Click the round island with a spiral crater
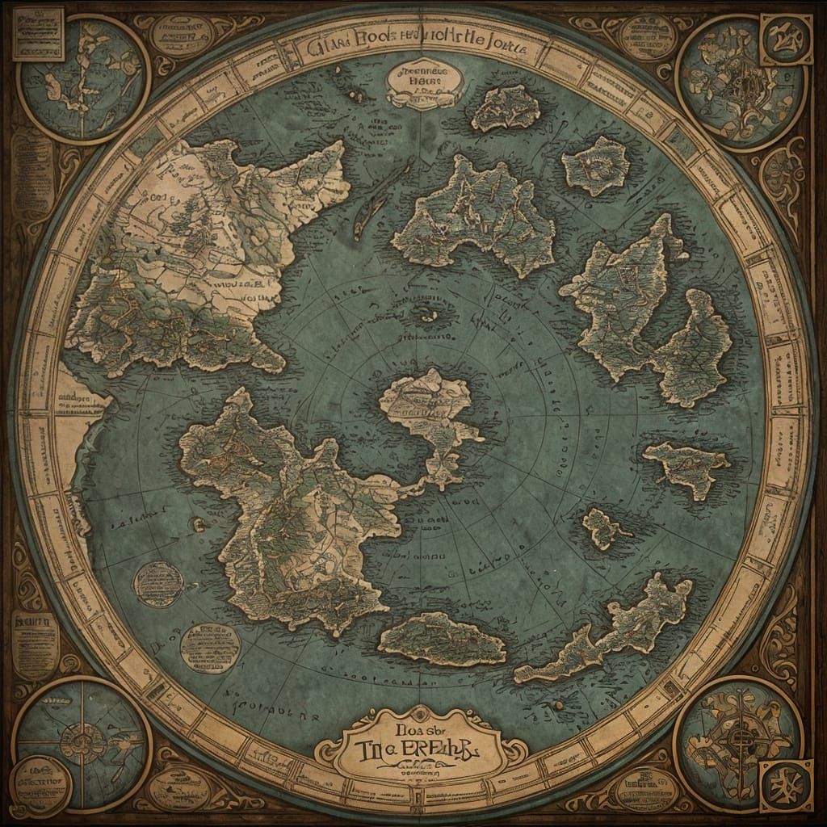[596, 165]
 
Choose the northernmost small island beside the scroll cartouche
[506, 107]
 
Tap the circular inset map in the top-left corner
[83, 79]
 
